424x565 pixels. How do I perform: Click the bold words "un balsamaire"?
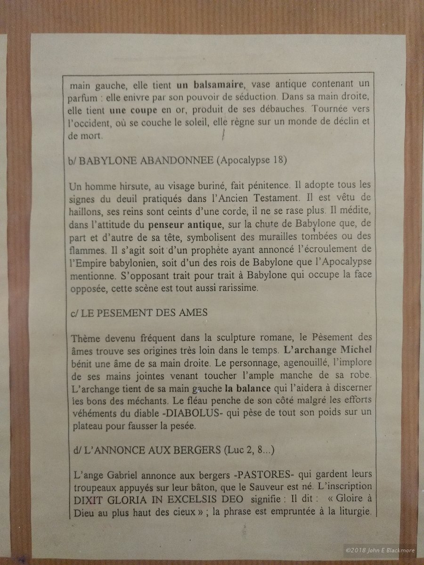coord(210,86)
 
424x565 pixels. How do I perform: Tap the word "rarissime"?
coord(237,289)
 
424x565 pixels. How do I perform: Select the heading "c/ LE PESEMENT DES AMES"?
coord(137,314)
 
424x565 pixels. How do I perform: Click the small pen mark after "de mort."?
coord(223,136)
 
